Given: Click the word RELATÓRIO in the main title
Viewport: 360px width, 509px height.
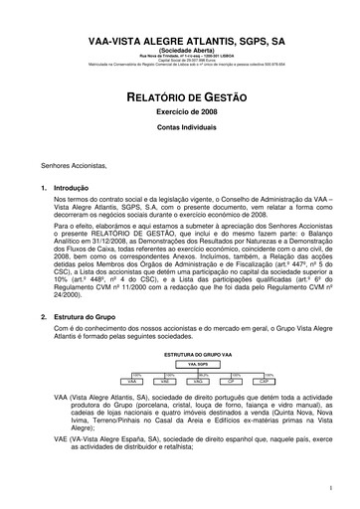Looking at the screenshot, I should click(x=149, y=97).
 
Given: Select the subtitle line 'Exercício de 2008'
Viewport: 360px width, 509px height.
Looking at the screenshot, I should click(x=180, y=115).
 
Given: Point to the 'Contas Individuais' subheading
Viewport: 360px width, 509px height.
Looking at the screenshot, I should click(x=180, y=130).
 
